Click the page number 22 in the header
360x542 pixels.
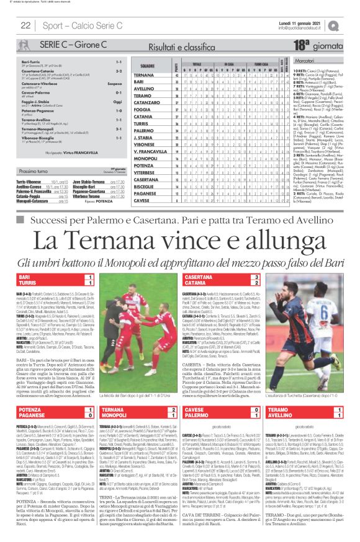[x=25, y=25]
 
